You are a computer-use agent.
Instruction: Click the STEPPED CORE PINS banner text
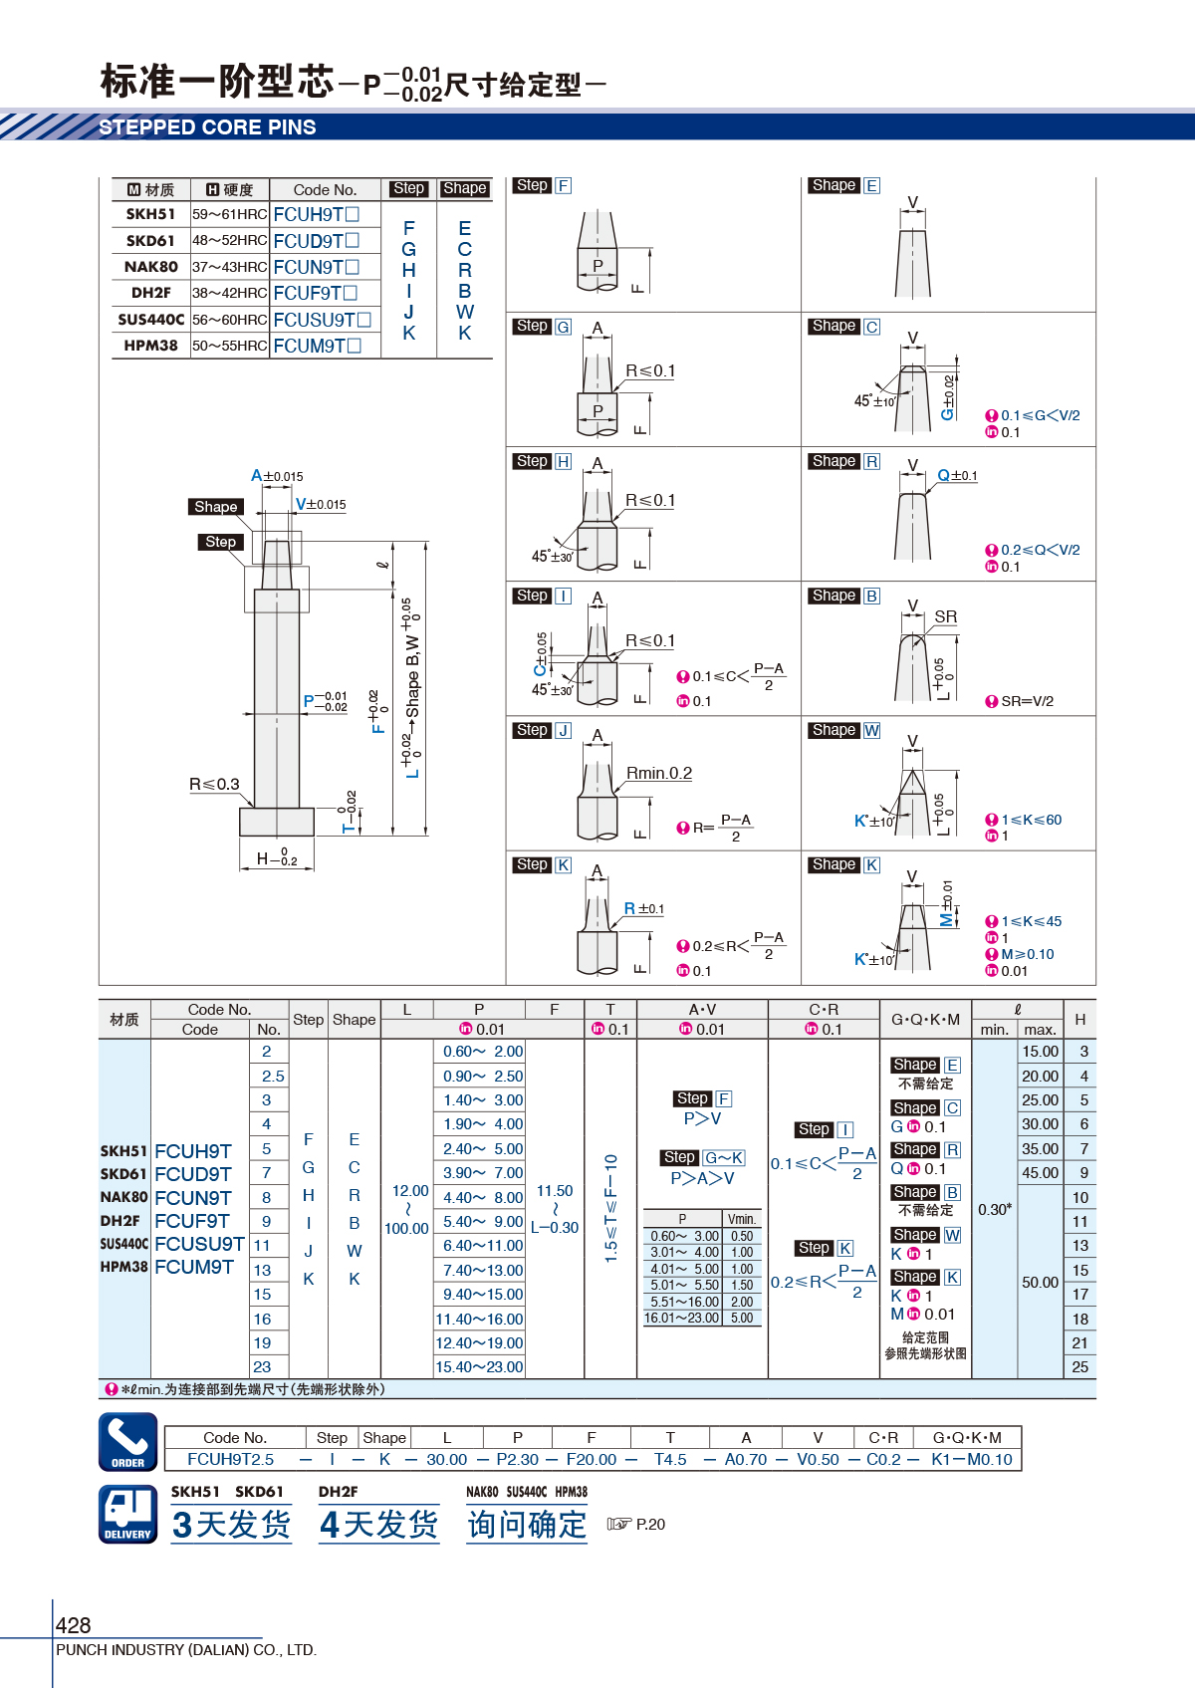207,126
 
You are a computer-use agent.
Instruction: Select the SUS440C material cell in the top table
150,320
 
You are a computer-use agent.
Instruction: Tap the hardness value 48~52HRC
230,240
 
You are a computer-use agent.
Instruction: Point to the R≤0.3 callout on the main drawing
214,784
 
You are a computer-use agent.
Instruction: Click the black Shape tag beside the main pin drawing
216,506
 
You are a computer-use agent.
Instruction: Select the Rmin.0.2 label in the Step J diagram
659,773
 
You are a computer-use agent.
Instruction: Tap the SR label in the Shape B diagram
946,616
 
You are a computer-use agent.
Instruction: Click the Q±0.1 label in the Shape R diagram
957,475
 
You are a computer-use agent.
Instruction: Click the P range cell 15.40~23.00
479,1366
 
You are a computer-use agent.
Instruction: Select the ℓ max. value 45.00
1040,1172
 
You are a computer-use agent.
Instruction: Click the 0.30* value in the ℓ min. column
995,1209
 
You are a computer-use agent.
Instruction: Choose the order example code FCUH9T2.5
231,1459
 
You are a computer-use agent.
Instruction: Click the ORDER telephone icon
128,1442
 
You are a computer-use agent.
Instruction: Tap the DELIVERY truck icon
128,1514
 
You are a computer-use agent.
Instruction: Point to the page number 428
73,1625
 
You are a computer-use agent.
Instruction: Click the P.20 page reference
650,1524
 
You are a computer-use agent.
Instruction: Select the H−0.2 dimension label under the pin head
277,857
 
